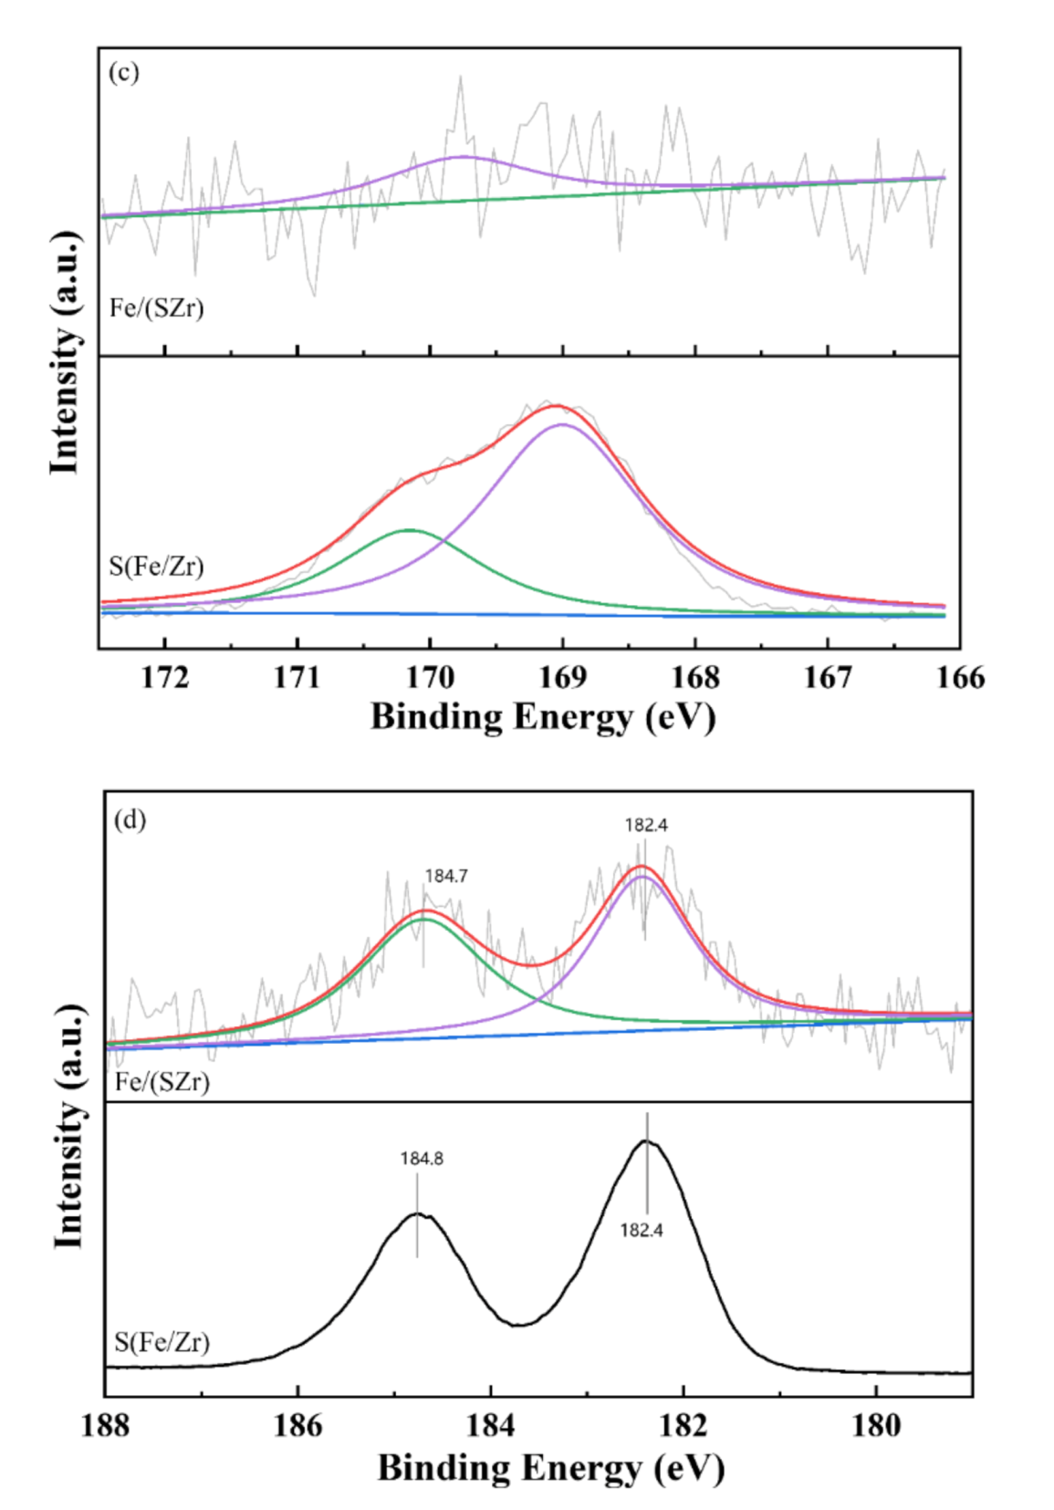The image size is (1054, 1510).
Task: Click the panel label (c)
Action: coord(123,72)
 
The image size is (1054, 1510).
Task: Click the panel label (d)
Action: coord(130,819)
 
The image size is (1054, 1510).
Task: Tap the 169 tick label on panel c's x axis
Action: coord(562,678)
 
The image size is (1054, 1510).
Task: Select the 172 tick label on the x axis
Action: coord(165,678)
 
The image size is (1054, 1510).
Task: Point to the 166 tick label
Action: coord(960,678)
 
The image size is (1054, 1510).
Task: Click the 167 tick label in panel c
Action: coord(828,678)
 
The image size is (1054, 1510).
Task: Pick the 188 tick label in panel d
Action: coord(105,1425)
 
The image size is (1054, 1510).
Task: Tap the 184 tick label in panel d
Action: coord(490,1425)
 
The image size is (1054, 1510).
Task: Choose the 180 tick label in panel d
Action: coord(876,1425)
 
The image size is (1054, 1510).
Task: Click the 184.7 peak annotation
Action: coord(446,876)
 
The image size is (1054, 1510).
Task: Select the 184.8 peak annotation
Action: coord(422,1159)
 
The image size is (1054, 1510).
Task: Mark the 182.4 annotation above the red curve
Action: coord(646,825)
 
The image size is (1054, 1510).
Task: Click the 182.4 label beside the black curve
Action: coord(642,1230)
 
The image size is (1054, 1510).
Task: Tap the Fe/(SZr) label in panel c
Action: coord(156,308)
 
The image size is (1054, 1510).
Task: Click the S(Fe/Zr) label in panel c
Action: coord(156,567)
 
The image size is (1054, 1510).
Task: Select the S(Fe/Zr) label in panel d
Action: coord(162,1342)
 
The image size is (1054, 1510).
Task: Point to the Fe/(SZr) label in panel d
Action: coord(162,1082)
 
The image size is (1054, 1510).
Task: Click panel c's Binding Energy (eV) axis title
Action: coord(543,717)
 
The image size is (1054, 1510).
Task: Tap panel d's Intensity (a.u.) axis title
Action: coord(69,1127)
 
